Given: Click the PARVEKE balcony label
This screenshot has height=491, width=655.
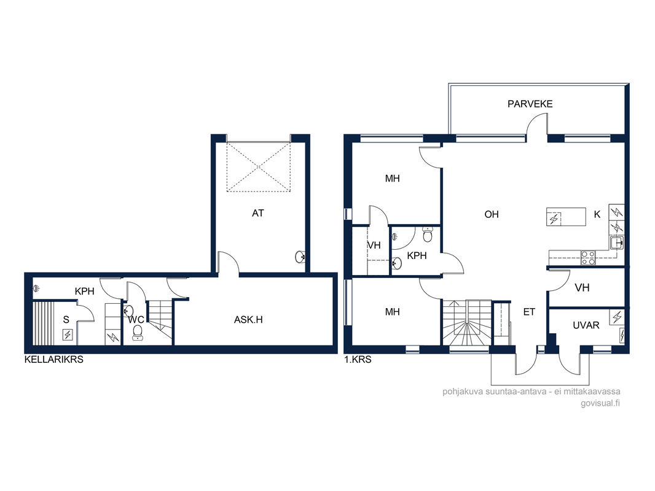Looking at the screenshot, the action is click(530, 104).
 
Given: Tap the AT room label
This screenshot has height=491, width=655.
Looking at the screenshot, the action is click(257, 213).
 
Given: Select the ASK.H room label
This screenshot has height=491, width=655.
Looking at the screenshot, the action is click(248, 320).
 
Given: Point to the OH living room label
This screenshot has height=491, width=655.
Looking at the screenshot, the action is click(492, 214).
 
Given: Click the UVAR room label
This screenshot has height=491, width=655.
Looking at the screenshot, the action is click(586, 325).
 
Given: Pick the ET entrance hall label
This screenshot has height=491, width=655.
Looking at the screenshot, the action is click(529, 312).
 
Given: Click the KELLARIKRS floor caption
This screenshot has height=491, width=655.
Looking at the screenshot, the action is click(54, 360).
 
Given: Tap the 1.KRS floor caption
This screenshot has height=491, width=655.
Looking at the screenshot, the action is click(358, 360).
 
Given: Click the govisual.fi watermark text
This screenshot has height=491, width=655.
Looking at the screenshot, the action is click(600, 403).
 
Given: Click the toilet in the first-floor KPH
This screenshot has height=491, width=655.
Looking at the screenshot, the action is click(428, 234).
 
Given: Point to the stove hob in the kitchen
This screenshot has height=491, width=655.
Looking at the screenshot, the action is click(588, 257).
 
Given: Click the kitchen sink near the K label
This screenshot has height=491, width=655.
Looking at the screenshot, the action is click(616, 242).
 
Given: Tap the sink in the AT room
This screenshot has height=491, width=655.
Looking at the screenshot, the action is click(300, 257).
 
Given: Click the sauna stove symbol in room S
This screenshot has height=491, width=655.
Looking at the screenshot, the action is click(68, 334).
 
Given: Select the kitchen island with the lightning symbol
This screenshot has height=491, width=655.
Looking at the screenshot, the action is click(566, 217).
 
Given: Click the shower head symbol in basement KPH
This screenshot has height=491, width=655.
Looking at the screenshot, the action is click(36, 288).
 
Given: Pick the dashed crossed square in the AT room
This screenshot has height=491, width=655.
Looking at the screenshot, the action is click(259, 168).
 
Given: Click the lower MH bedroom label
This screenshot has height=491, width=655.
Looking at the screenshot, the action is click(392, 312).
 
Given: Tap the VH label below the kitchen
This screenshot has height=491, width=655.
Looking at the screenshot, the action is click(582, 288).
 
